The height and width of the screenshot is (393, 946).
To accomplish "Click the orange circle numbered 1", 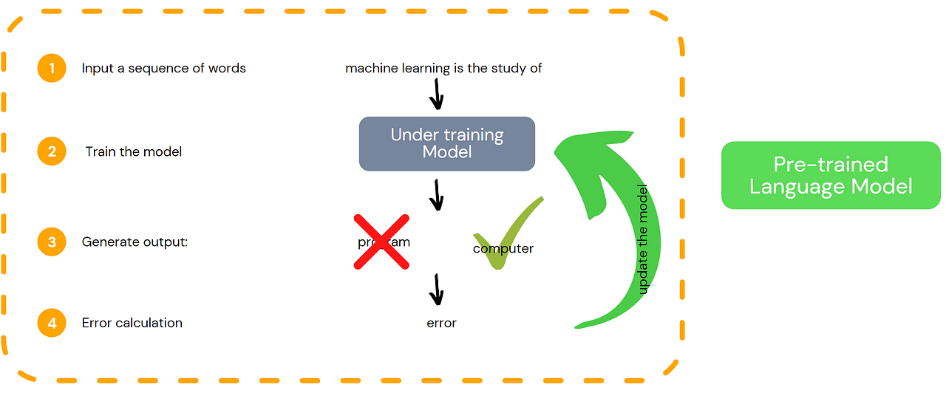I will pyautogui.click(x=52, y=68).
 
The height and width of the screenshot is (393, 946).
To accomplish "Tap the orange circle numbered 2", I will pyautogui.click(x=52, y=151).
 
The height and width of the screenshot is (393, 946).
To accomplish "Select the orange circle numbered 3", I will pyautogui.click(x=52, y=242).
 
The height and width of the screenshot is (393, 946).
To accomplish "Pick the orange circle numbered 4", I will pyautogui.click(x=52, y=323).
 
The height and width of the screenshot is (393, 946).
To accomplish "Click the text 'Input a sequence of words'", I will pyautogui.click(x=163, y=68).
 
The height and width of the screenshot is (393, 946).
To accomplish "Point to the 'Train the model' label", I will pyautogui.click(x=134, y=151).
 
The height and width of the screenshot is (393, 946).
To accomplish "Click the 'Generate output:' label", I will pyautogui.click(x=135, y=242).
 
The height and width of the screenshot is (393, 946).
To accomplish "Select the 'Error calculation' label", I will pyautogui.click(x=132, y=323).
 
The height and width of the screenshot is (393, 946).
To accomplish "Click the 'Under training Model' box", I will pyautogui.click(x=446, y=144).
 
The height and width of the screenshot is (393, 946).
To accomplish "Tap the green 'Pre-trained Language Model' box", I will pyautogui.click(x=830, y=175).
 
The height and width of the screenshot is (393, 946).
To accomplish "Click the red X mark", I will pyautogui.click(x=381, y=242).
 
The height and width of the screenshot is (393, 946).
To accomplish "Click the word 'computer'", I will pyautogui.click(x=503, y=249).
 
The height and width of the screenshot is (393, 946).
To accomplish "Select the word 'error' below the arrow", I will pyautogui.click(x=441, y=323).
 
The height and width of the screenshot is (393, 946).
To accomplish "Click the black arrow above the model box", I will pyautogui.click(x=436, y=94).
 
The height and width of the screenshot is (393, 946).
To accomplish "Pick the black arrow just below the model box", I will pyautogui.click(x=436, y=194).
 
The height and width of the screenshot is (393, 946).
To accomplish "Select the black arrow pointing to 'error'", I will pyautogui.click(x=436, y=290).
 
